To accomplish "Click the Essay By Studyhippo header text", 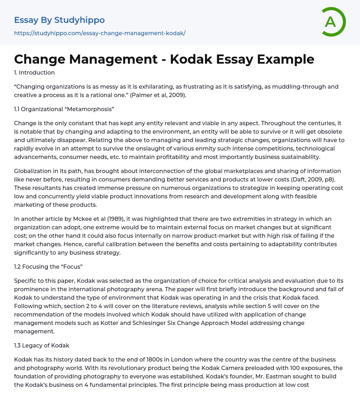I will point(59,20).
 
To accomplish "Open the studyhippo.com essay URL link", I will point(99,33).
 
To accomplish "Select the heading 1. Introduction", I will point(34,73).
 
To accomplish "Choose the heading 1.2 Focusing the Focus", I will point(48,267).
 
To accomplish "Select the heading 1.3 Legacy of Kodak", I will point(41,345).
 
